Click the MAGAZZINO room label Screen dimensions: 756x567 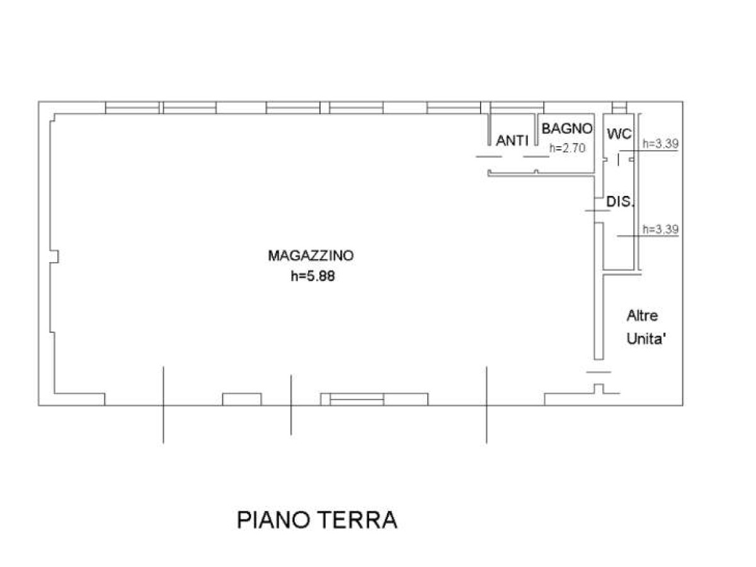coord(311,256)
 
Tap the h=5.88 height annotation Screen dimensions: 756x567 coord(312,276)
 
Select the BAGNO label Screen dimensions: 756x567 coord(567,129)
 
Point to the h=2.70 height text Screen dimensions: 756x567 coord(567,148)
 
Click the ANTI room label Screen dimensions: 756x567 coord(512,140)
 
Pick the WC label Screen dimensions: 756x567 coord(619,134)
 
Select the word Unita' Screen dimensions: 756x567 coord(645,339)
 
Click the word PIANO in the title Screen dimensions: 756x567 coord(274,520)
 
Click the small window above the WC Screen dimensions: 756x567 coord(619,108)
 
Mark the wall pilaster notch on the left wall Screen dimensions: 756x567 coord(54,256)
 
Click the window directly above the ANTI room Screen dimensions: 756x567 coord(517,108)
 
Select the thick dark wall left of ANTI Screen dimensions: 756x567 coord(489,129)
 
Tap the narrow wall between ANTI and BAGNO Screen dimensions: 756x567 coord(536,129)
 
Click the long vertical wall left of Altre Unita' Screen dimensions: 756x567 coord(598,291)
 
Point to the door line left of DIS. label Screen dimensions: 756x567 coord(597,210)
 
